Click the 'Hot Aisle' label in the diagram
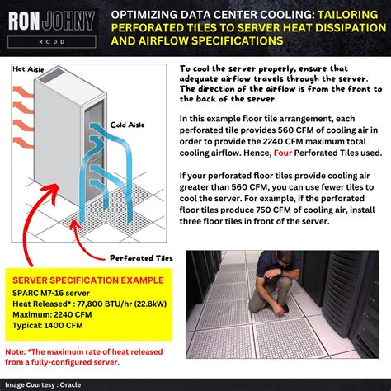point(29,69)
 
